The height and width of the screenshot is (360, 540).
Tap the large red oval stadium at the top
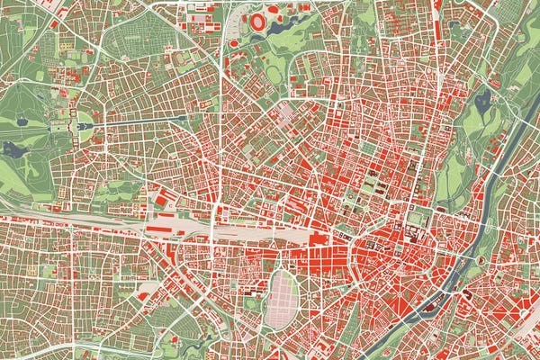tap(258, 20)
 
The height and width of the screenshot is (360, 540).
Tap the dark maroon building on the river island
tap(468, 292)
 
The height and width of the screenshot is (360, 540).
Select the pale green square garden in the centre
tap(415, 217)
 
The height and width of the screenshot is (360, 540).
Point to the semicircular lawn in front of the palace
tap(86, 125)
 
